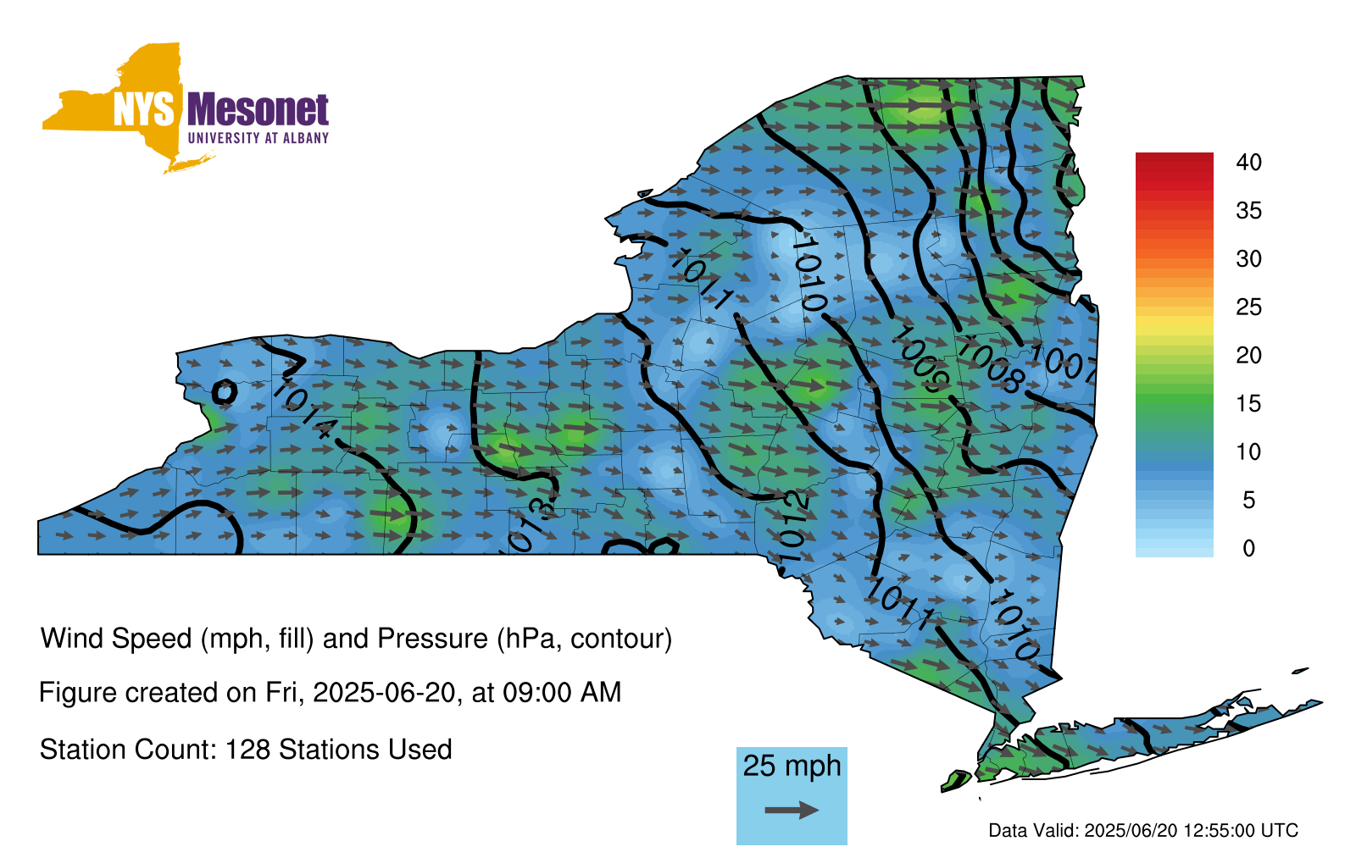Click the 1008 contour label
[x=991, y=365]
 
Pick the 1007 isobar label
[x=1064, y=363]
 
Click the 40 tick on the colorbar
[x=1248, y=162]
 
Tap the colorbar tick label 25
[x=1248, y=307]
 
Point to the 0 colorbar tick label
[x=1248, y=548]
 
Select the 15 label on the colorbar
[x=1248, y=403]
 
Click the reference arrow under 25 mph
[x=792, y=810]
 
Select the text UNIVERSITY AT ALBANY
[x=258, y=138]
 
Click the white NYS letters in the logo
[x=143, y=109]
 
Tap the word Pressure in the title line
[x=432, y=639]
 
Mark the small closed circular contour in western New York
[x=224, y=383]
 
